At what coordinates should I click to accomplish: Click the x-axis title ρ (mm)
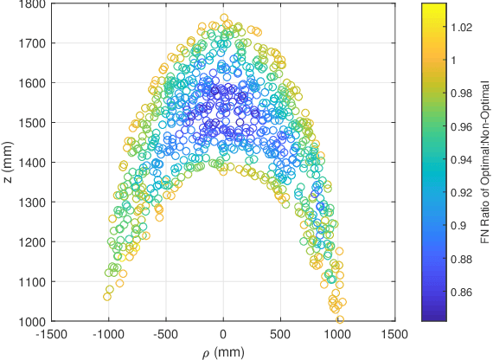point(224,350)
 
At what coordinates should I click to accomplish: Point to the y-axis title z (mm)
point(8,163)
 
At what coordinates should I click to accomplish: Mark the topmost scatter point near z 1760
point(224,18)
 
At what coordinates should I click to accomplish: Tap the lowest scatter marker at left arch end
point(107,296)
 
